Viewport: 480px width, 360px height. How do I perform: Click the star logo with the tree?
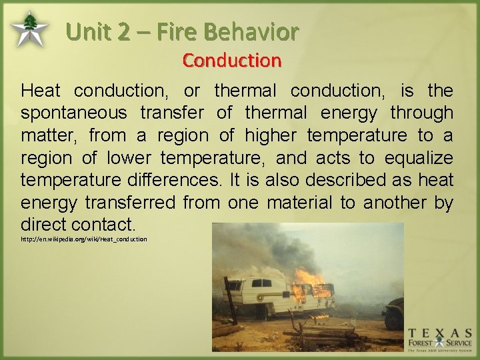coord(29,29)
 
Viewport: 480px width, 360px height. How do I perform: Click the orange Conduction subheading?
coord(232,61)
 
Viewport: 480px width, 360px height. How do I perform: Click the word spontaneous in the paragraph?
coord(74,113)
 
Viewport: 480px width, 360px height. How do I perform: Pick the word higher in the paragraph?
coord(272,136)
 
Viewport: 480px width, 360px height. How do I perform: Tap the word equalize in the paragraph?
coord(419,159)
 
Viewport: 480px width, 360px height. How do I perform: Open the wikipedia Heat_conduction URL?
coord(84,239)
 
